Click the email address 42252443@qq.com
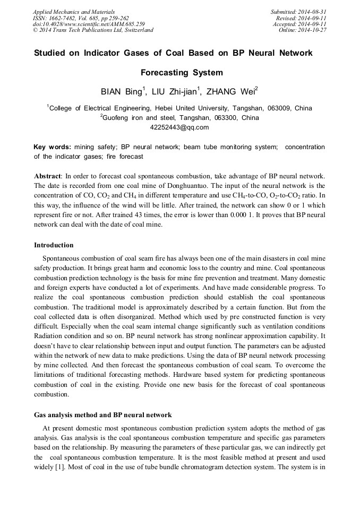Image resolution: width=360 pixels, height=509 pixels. [x=179, y=127]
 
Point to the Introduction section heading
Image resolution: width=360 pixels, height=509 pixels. [x=54, y=245]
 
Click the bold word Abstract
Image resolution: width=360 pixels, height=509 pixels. [x=48, y=176]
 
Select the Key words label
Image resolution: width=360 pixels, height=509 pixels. [x=52, y=147]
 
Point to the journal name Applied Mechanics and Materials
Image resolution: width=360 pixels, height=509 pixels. [x=73, y=12]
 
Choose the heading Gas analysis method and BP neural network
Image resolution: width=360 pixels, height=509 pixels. [x=102, y=415]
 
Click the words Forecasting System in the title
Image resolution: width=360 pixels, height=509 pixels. [x=181, y=73]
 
